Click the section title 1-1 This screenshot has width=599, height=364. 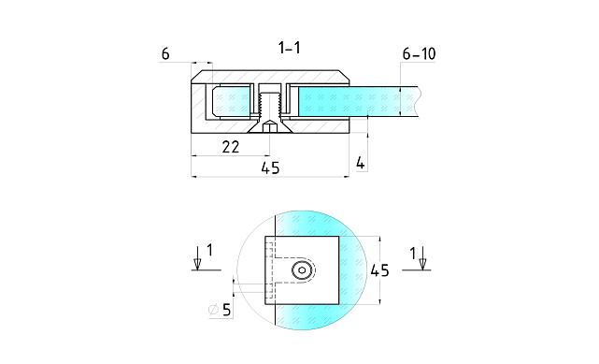tap(290, 48)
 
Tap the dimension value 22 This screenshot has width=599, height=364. tap(231, 147)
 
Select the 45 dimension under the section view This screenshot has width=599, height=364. tap(270, 167)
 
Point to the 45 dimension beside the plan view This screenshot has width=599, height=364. tap(379, 270)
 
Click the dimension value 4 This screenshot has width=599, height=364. tap(360, 163)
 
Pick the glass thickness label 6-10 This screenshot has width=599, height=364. tap(419, 54)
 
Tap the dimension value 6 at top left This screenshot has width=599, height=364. tap(165, 54)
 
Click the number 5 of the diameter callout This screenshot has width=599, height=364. tap(226, 310)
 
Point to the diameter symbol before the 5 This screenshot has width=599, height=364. tap(214, 310)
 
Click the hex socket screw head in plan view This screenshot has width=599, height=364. tap(302, 270)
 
